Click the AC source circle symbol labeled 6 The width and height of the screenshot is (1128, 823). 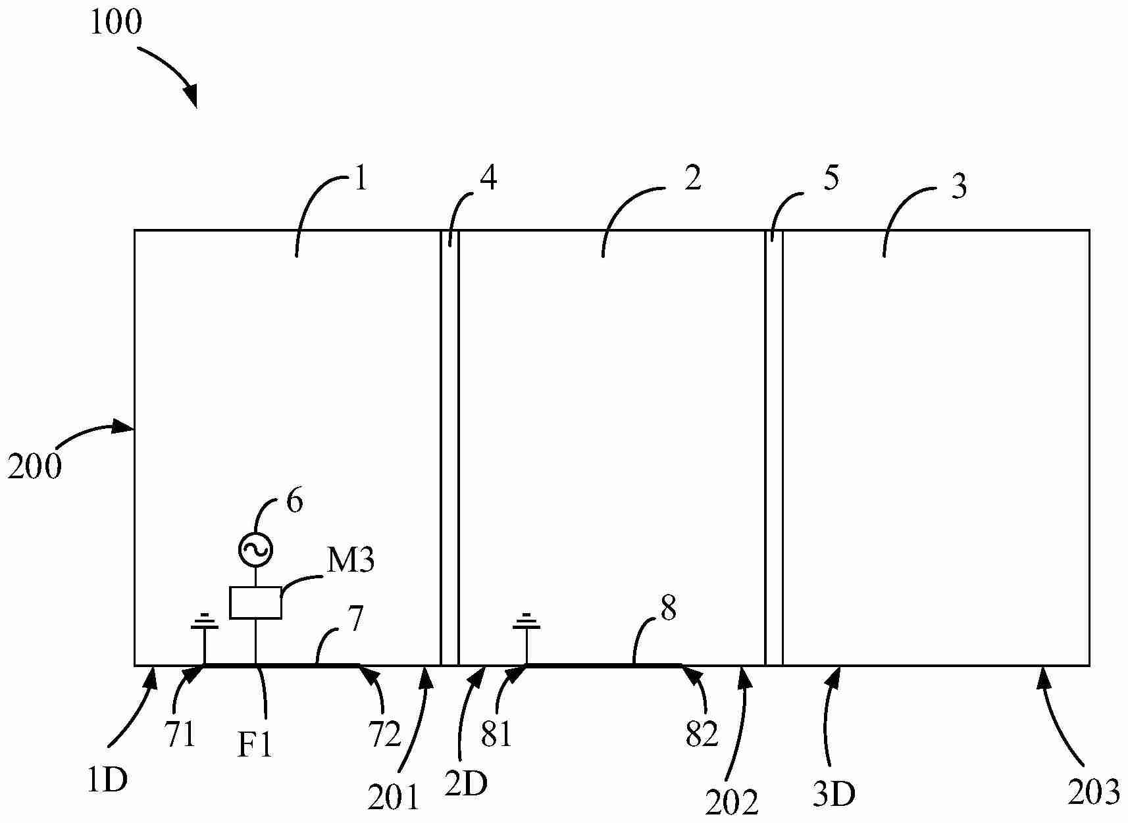click(255, 549)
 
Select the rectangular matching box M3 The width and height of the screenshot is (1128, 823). click(255, 603)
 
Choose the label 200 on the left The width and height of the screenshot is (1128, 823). click(34, 466)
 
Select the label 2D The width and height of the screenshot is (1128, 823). click(466, 784)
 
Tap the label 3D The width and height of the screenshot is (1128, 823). click(833, 795)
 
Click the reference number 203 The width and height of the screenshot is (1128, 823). click(1093, 792)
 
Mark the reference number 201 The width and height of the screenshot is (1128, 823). click(393, 797)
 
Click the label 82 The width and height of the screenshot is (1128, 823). click(701, 734)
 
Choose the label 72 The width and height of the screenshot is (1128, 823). click(384, 735)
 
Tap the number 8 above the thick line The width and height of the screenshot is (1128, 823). click(668, 609)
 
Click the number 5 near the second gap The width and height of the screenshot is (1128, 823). click(831, 178)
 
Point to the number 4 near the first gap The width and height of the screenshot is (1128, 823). click(488, 178)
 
